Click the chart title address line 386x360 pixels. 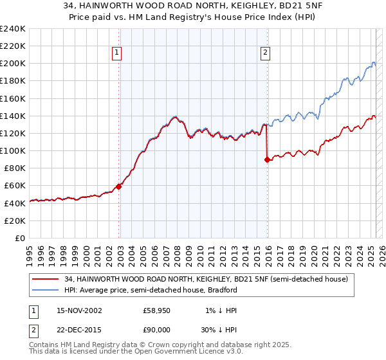tap(193, 6)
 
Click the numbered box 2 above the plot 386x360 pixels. tap(265, 53)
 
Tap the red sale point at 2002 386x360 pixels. tap(119, 186)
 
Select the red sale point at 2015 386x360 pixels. tap(267, 160)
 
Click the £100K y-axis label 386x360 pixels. tap(13, 150)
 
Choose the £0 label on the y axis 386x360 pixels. tap(19, 238)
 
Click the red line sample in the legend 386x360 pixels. tap(46, 279)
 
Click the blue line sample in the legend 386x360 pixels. tap(46, 290)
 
